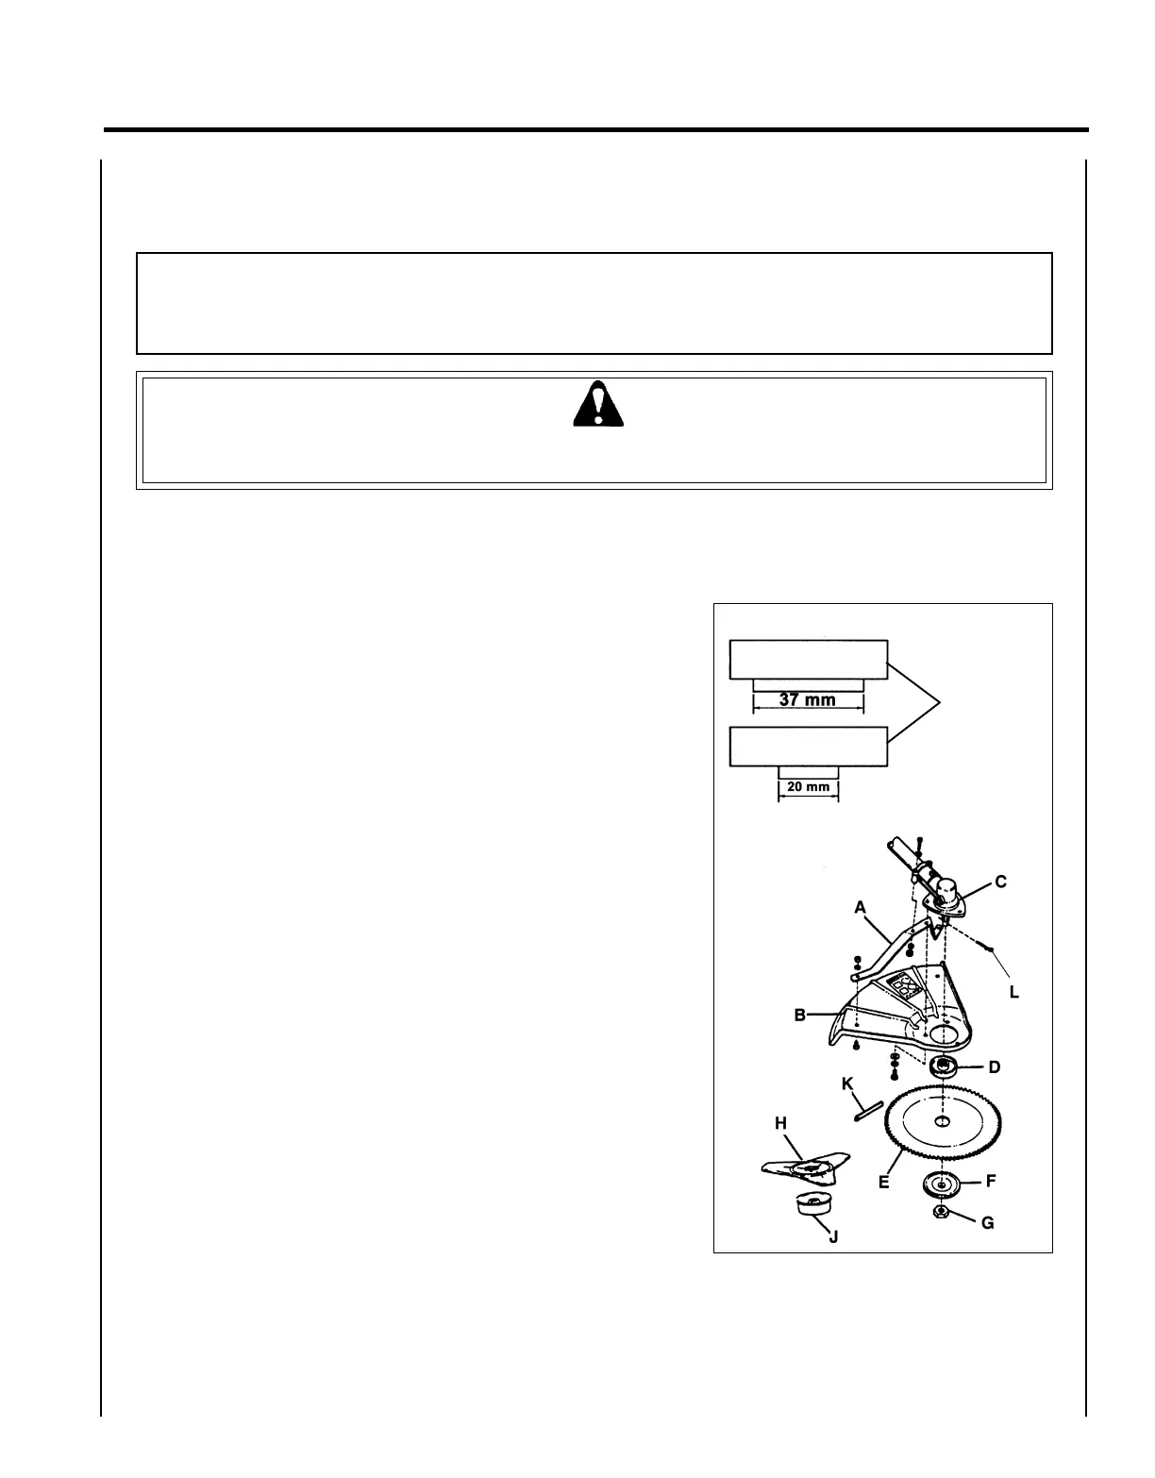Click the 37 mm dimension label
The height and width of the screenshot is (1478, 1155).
click(808, 700)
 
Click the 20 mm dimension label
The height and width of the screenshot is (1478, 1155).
click(808, 786)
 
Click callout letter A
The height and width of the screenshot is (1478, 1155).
click(860, 907)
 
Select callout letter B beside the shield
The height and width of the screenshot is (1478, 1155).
click(799, 1016)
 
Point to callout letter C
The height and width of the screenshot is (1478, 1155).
click(1000, 882)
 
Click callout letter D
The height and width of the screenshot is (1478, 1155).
click(994, 1067)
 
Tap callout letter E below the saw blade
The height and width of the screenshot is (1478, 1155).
click(884, 1182)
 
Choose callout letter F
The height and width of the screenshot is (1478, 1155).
click(991, 1181)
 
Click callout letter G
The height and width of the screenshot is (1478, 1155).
click(987, 1223)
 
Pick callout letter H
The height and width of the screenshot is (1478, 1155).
click(780, 1123)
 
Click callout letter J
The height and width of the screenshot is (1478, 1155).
click(833, 1235)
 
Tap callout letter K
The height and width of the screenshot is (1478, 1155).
click(847, 1085)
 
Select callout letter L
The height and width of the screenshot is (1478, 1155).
click(1013, 992)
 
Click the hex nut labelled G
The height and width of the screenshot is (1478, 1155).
click(940, 1213)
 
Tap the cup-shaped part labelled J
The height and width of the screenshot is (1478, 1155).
click(812, 1205)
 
